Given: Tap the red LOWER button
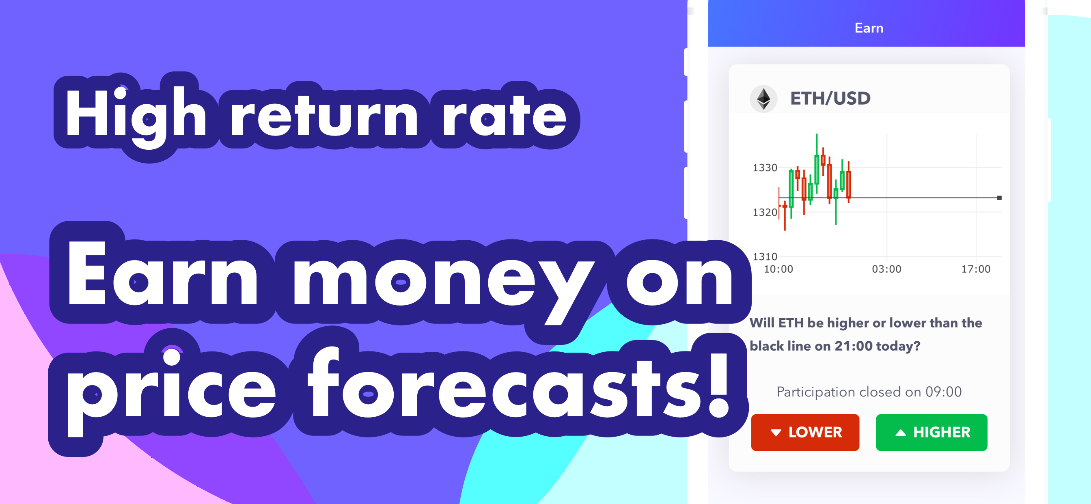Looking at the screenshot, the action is [x=805, y=432].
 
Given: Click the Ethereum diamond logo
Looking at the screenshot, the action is [x=763, y=99].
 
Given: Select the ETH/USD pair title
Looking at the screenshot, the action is [x=830, y=98].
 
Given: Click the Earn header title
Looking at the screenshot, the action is [x=869, y=28].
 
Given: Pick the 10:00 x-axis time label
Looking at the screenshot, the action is [x=778, y=269].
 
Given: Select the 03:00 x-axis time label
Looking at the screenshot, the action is [x=886, y=269].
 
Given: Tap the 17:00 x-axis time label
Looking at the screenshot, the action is [x=976, y=269].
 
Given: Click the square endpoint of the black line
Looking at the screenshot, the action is [x=999, y=198].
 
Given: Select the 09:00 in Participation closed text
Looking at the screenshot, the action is [x=943, y=392].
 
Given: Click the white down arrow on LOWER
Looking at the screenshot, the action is [x=776, y=433].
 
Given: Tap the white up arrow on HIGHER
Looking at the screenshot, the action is [x=900, y=433].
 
